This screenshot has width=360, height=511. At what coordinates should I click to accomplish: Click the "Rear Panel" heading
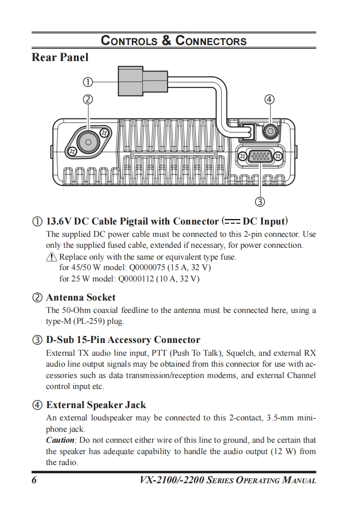tap(60, 58)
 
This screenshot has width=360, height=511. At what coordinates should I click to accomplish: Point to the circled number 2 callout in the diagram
tap(88, 99)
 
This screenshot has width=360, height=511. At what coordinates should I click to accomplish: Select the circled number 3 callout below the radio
tap(260, 201)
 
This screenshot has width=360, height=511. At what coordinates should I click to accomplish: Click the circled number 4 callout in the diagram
tap(270, 99)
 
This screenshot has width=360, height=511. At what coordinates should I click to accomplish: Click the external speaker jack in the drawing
tap(270, 131)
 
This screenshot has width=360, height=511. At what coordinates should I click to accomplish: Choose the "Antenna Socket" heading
tap(81, 297)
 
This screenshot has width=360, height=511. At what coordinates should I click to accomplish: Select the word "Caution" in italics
tap(60, 440)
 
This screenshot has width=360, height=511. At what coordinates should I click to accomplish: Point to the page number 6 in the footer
tap(34, 480)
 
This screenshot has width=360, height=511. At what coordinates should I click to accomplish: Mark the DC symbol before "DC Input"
tap(232, 222)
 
